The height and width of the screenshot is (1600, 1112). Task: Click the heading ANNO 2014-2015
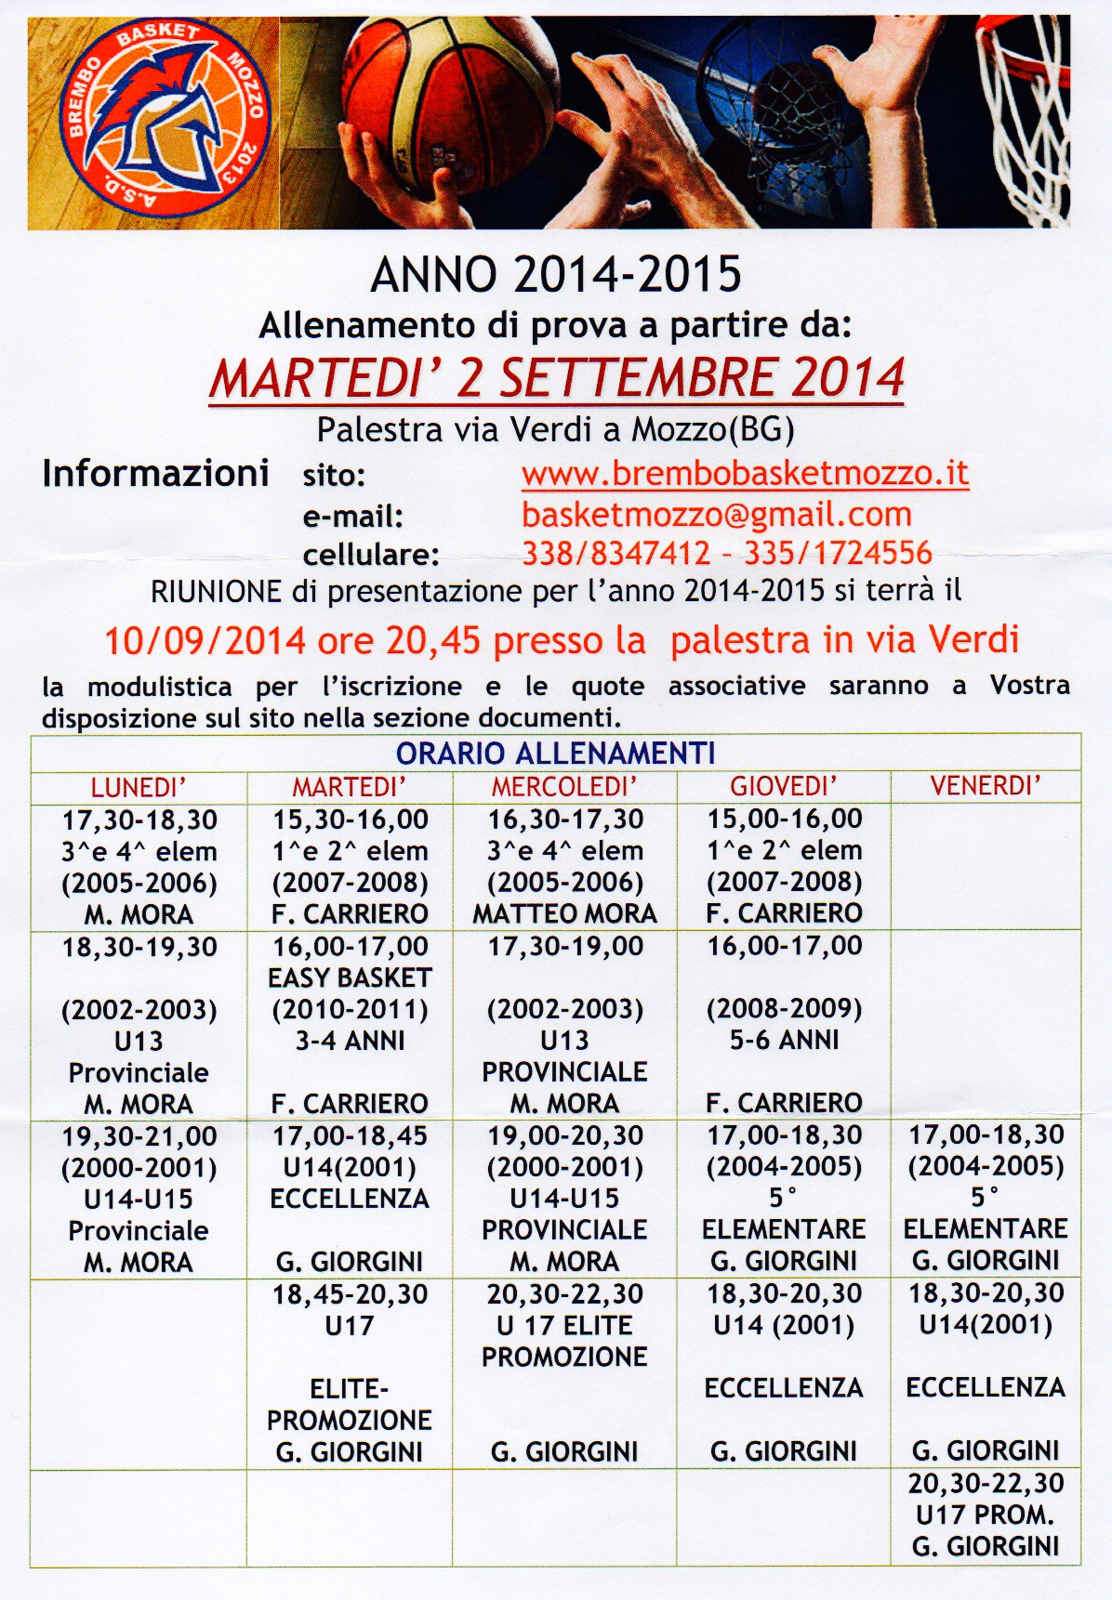tap(556, 274)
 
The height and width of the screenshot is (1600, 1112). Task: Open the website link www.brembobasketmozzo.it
tap(745, 473)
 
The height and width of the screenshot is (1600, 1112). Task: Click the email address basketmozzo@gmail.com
tap(716, 514)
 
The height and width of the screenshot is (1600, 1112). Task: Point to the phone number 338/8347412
tap(616, 553)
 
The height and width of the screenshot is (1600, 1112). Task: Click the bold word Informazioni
tap(155, 473)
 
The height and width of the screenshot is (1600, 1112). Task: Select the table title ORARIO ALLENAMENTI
tap(555, 753)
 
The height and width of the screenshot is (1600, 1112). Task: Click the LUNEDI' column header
tap(139, 787)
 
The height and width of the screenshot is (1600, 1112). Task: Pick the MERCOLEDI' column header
tap(564, 787)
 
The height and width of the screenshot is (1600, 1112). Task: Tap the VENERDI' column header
tap(986, 785)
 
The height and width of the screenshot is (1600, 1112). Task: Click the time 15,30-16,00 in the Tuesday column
tap(350, 820)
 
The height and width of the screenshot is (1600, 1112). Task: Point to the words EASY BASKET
tap(350, 977)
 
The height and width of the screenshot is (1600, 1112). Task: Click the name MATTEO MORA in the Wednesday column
tap(564, 913)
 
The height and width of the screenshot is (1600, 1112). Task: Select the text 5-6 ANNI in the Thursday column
tap(784, 1040)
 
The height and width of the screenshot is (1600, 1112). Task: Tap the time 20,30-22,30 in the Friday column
tap(986, 1483)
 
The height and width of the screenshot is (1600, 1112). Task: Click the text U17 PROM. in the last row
tap(986, 1515)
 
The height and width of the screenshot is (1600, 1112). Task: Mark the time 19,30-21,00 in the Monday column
tap(139, 1135)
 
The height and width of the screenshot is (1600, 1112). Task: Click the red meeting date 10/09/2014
tap(205, 640)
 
